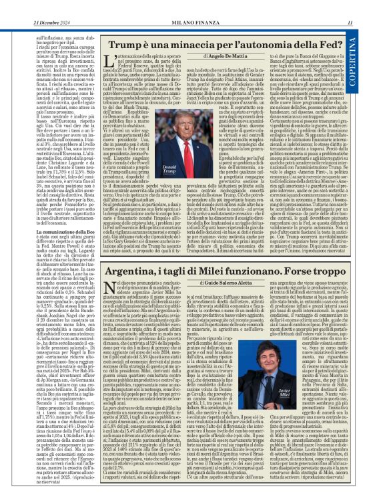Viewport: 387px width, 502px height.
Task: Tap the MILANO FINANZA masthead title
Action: (x=192, y=6)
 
